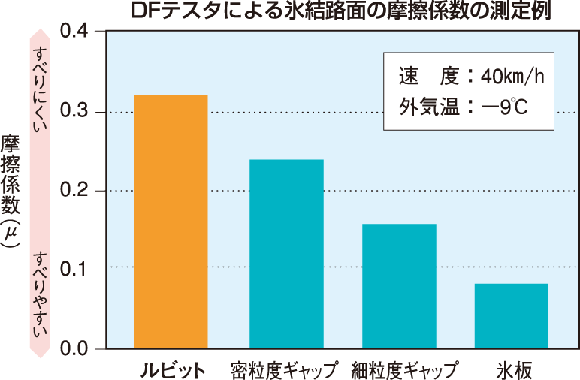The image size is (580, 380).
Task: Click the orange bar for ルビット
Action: click(x=171, y=222)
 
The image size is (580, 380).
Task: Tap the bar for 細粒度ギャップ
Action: click(x=399, y=286)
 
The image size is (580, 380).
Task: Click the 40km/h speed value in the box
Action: click(x=512, y=77)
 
